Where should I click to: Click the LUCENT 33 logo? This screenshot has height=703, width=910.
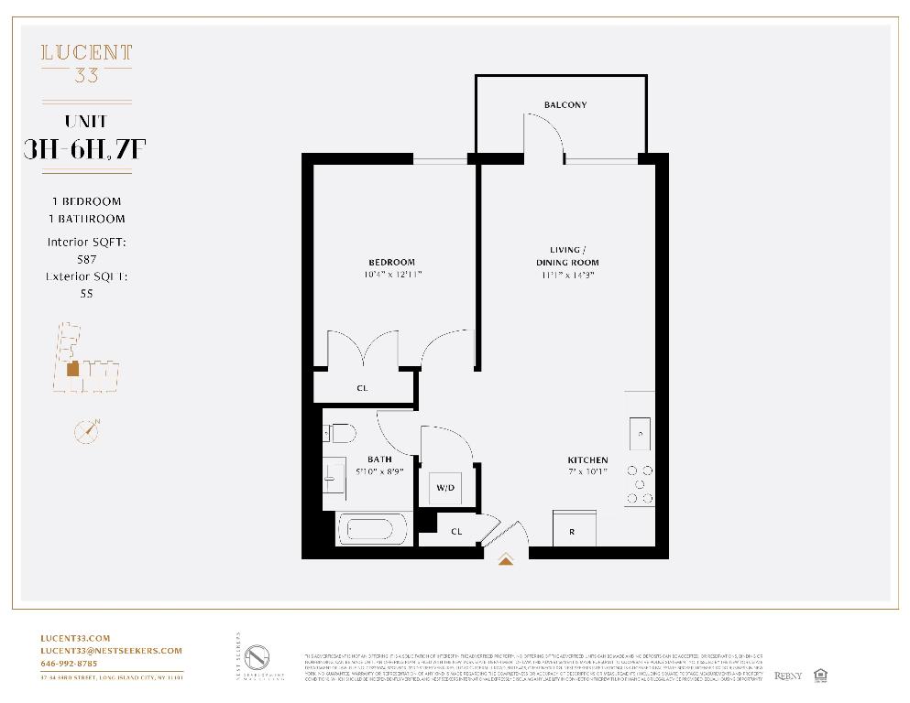pyautogui.click(x=86, y=62)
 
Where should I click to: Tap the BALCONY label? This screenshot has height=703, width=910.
pyautogui.click(x=565, y=105)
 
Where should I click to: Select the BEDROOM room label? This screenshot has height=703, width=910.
pyautogui.click(x=392, y=262)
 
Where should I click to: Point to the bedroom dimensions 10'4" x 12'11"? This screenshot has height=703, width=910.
pyautogui.click(x=392, y=274)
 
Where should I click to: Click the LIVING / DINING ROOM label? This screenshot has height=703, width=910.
pyautogui.click(x=566, y=256)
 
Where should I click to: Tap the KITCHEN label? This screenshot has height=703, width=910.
pyautogui.click(x=587, y=460)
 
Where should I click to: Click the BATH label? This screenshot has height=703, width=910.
pyautogui.click(x=379, y=460)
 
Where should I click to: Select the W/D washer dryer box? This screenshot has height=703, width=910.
pyautogui.click(x=445, y=488)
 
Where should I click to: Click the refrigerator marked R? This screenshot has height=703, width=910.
pyautogui.click(x=573, y=530)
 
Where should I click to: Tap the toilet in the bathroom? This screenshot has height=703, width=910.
pyautogui.click(x=339, y=433)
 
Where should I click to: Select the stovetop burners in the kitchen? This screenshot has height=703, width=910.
pyautogui.click(x=640, y=483)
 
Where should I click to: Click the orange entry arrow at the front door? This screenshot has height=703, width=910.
pyautogui.click(x=505, y=559)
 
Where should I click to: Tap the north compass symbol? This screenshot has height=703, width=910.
pyautogui.click(x=86, y=430)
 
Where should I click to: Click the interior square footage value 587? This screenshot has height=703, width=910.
pyautogui.click(x=86, y=259)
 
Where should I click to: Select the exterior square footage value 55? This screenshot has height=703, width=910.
pyautogui.click(x=86, y=294)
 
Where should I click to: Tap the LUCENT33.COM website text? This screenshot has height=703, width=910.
pyautogui.click(x=75, y=638)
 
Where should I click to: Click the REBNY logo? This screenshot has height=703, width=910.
pyautogui.click(x=788, y=676)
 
